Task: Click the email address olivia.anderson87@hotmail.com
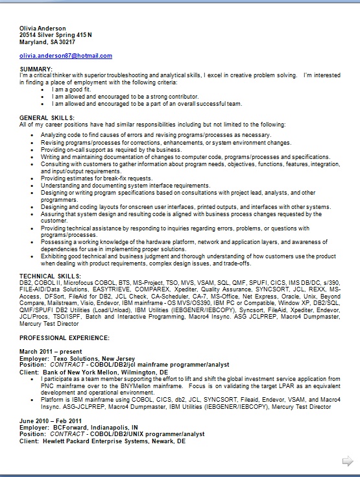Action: point(66,56)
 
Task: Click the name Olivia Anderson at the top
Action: point(43,29)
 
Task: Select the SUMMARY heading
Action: point(36,69)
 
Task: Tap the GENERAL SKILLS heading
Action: point(47,117)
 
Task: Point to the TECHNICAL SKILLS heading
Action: point(50,276)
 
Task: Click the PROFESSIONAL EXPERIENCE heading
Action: point(64,338)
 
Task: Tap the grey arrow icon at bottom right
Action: point(348,461)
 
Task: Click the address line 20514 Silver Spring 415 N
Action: point(56,35)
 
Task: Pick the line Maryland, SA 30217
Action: point(47,42)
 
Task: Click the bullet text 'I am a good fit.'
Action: point(74,89)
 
